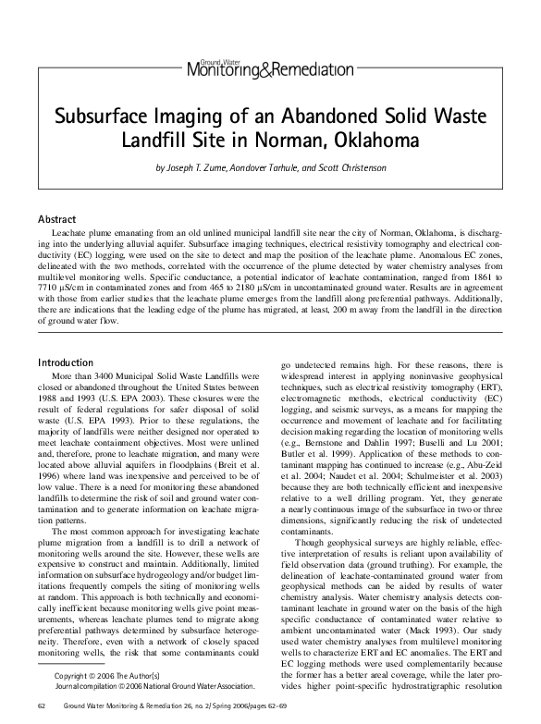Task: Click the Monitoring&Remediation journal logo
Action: tap(270, 67)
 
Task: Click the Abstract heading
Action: tap(55, 219)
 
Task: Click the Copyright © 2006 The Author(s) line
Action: tap(107, 677)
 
